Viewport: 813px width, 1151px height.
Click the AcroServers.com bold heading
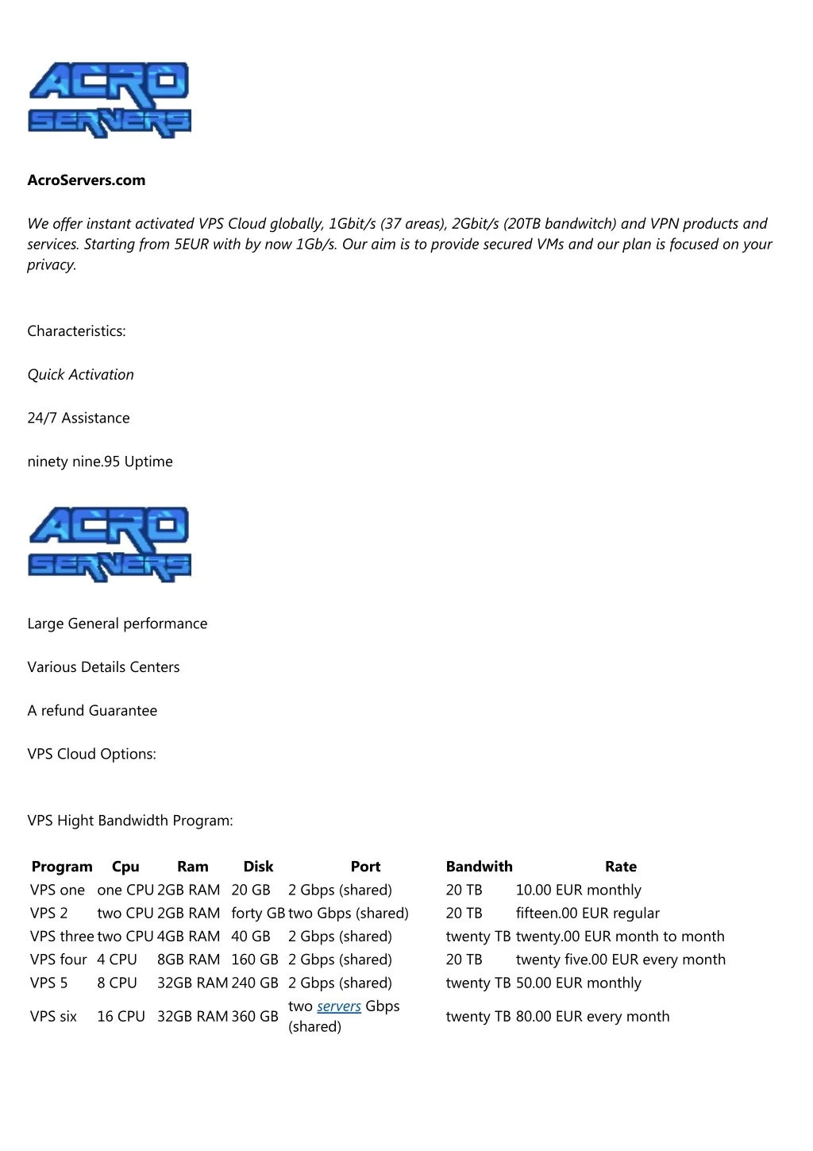click(87, 180)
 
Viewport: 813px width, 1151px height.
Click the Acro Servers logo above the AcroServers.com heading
click(110, 101)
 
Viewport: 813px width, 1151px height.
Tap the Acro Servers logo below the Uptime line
click(110, 545)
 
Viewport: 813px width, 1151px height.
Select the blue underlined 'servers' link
click(339, 1006)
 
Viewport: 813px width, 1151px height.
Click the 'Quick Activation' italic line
click(80, 375)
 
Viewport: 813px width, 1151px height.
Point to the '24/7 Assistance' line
click(79, 419)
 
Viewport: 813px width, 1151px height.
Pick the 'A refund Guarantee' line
click(92, 711)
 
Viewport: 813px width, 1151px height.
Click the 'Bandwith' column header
click(479, 867)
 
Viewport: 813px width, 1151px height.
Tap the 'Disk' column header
click(258, 867)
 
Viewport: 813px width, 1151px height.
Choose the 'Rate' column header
click(621, 867)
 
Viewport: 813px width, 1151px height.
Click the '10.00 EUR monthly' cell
click(578, 890)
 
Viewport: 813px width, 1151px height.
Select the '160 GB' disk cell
click(255, 960)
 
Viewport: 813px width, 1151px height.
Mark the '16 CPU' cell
click(121, 1017)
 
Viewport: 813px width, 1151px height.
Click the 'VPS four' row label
click(59, 960)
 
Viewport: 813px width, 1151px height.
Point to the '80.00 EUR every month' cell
click(592, 1017)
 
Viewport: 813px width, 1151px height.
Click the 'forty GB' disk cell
click(257, 913)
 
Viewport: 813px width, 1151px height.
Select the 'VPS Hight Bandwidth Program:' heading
click(130, 821)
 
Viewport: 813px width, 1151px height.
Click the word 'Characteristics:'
click(76, 331)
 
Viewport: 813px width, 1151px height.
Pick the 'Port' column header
click(365, 867)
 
